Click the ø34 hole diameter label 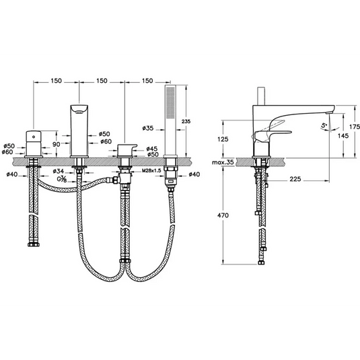click(59, 172)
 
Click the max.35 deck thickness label click(221, 163)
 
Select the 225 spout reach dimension click(293, 180)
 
